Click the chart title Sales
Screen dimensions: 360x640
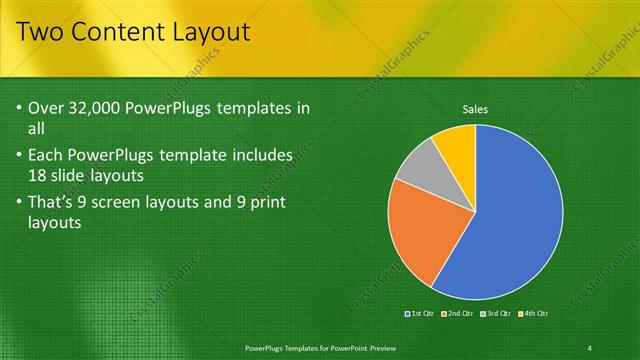tap(475, 109)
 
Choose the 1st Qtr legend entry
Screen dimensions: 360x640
tap(419, 314)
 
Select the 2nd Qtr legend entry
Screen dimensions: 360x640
tap(457, 314)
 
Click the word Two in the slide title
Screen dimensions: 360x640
tap(43, 34)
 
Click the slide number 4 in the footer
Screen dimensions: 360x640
tap(590, 347)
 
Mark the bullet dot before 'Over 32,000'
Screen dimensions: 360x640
tap(22, 108)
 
